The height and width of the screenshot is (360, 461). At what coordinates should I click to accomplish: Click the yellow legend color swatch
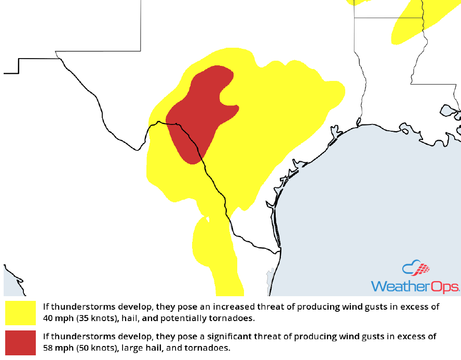(x=20, y=313)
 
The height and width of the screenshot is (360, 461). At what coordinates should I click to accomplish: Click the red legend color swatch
(x=20, y=342)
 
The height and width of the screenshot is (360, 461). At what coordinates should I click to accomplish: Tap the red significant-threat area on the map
(x=200, y=112)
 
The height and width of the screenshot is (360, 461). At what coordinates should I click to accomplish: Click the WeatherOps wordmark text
(x=415, y=287)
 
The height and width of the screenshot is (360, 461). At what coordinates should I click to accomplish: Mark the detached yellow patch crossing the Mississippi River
(x=410, y=23)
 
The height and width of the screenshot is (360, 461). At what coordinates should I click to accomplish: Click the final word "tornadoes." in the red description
(x=211, y=347)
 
